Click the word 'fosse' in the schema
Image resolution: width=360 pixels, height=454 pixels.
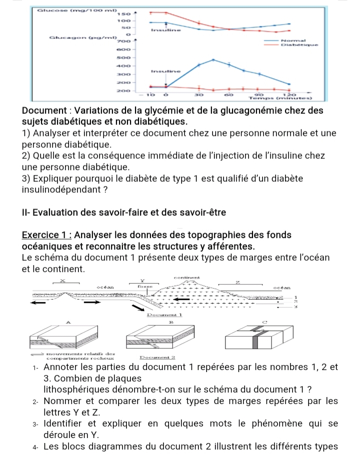pyautogui.click(x=145, y=287)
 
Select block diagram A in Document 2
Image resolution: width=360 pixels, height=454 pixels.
pyautogui.click(x=73, y=337)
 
